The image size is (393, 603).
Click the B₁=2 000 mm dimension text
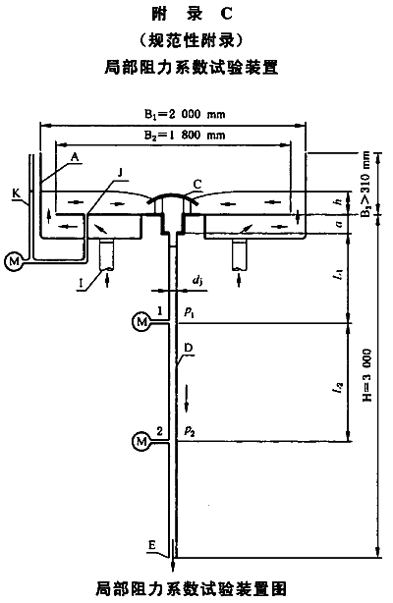(185, 115)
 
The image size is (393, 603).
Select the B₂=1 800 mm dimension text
(185, 136)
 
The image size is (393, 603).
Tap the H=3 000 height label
(367, 376)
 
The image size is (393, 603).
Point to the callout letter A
(75, 156)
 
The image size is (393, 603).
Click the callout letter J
(120, 173)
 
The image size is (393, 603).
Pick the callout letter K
(16, 193)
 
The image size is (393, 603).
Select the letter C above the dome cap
(197, 185)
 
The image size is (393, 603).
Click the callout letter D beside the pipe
(189, 348)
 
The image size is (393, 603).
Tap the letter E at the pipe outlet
(152, 545)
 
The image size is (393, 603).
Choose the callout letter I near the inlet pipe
(81, 284)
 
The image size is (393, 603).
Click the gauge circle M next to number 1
(141, 321)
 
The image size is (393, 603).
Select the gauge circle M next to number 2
(141, 441)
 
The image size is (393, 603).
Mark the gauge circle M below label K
(14, 262)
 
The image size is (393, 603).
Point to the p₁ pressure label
(189, 311)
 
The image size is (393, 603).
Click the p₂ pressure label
(189, 430)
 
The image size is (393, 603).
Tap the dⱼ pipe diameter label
(197, 282)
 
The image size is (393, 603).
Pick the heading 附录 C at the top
(192, 14)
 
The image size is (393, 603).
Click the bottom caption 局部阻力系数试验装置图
(192, 589)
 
